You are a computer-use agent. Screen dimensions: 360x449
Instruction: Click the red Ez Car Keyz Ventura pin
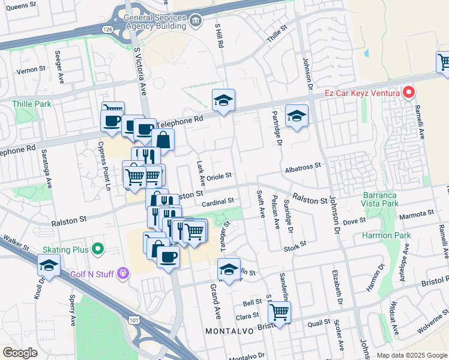coord(409,92)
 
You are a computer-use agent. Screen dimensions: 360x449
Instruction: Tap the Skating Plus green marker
coord(97,249)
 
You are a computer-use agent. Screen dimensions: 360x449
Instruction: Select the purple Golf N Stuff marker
coord(124,273)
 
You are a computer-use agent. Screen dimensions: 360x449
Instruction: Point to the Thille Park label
coord(32,104)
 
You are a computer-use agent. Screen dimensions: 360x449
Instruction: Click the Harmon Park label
coord(387,235)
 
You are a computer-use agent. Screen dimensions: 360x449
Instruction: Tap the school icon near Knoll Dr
coord(49,265)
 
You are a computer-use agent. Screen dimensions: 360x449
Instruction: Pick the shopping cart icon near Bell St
coord(279,311)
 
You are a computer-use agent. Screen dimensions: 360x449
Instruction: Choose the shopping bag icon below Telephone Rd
coord(163,140)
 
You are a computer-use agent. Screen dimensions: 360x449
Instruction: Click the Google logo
coord(20,353)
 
